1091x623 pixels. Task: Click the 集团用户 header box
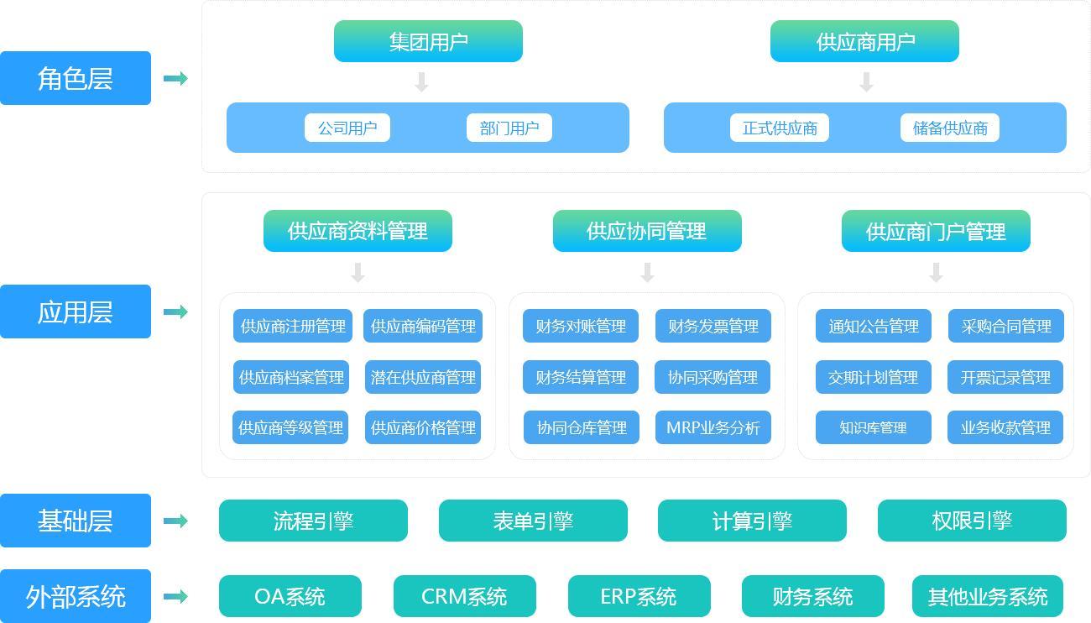click(428, 41)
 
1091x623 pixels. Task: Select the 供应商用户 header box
click(864, 41)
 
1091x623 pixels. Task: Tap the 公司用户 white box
click(347, 128)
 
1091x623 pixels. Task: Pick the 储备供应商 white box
click(949, 128)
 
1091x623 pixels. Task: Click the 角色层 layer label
click(76, 78)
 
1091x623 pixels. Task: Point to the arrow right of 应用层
click(175, 311)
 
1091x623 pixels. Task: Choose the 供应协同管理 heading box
click(647, 231)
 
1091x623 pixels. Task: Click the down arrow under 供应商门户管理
click(936, 272)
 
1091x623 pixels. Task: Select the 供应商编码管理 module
click(423, 326)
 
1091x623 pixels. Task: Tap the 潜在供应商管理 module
click(423, 377)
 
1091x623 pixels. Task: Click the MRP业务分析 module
click(713, 427)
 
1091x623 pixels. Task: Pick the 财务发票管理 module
click(713, 326)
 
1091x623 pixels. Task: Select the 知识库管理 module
click(873, 427)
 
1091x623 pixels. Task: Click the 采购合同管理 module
click(1005, 326)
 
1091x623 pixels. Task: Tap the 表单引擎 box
click(533, 521)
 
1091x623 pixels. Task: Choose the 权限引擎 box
click(972, 521)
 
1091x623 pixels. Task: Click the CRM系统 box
click(464, 596)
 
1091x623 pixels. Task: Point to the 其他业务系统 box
click(987, 596)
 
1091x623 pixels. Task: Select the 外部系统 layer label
click(76, 596)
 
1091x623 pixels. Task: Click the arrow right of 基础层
click(175, 521)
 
